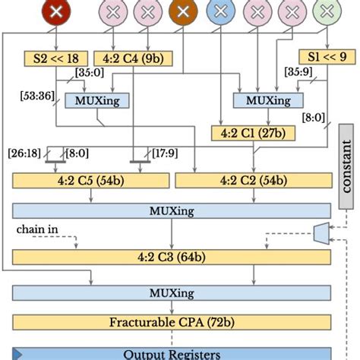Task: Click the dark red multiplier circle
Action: pyautogui.click(x=55, y=11)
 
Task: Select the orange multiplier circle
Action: pyautogui.click(x=182, y=11)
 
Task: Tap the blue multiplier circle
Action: pyautogui.click(x=220, y=11)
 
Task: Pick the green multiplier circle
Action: pyautogui.click(x=327, y=11)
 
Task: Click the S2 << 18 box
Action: pyautogui.click(x=51, y=58)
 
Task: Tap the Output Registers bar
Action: pyautogui.click(x=172, y=353)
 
